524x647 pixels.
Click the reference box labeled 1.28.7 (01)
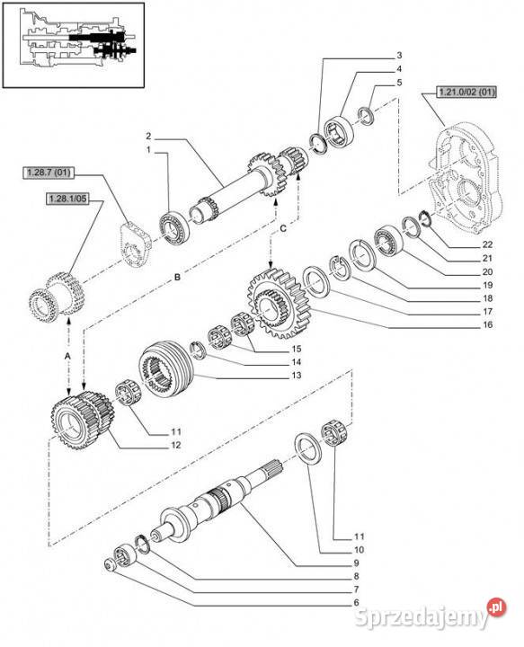click(49, 172)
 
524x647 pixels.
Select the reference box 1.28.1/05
click(67, 199)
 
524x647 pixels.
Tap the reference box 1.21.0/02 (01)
click(466, 92)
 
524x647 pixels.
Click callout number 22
click(487, 244)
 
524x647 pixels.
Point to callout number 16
click(487, 324)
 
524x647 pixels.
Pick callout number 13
click(297, 375)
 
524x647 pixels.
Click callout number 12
click(176, 445)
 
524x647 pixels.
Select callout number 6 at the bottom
click(356, 602)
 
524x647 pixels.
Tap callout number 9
click(356, 563)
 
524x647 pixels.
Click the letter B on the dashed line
click(177, 277)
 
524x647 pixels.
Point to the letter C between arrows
click(283, 228)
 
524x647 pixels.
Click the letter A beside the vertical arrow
click(68, 356)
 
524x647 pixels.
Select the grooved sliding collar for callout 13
click(166, 368)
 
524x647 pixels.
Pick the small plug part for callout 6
click(111, 566)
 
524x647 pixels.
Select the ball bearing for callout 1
click(174, 227)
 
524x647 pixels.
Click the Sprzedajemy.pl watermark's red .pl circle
click(496, 607)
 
